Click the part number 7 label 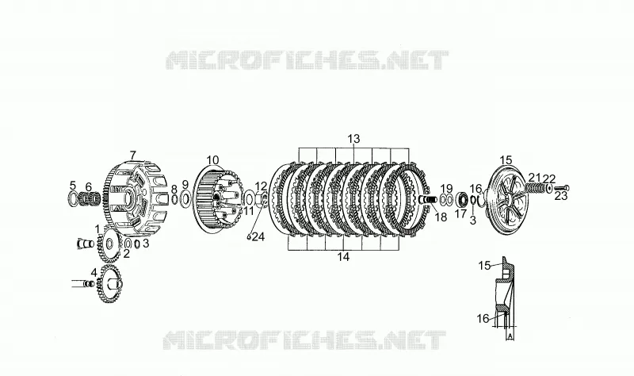tap(133, 155)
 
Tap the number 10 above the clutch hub tap(212, 160)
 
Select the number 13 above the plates tap(353, 139)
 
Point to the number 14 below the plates tap(343, 256)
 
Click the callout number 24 tap(258, 237)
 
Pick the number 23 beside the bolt tap(561, 196)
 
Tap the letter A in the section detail tap(510, 336)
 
